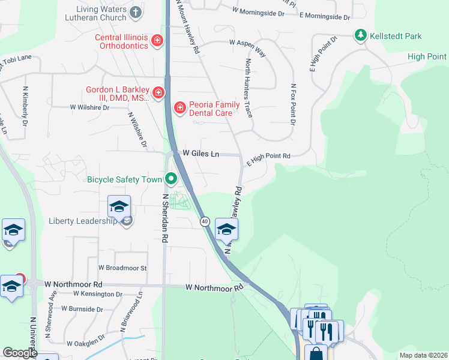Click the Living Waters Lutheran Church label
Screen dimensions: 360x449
(101, 15)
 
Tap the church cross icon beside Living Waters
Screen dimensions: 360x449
(136, 11)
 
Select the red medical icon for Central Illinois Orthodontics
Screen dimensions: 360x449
(157, 40)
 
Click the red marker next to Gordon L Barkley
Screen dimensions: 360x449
(158, 92)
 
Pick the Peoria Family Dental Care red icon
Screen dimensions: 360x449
(178, 107)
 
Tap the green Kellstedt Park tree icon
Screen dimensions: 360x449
(360, 35)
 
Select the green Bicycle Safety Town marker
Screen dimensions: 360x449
(171, 179)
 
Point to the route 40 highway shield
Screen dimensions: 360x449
(205, 221)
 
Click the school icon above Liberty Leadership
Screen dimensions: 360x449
(119, 207)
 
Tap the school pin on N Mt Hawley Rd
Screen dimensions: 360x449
(226, 229)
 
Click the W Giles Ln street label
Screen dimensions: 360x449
(200, 154)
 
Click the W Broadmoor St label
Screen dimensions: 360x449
(122, 268)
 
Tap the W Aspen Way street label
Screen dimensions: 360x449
(247, 43)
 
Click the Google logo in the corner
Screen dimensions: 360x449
(20, 352)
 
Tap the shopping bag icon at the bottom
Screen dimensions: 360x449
(316, 354)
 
